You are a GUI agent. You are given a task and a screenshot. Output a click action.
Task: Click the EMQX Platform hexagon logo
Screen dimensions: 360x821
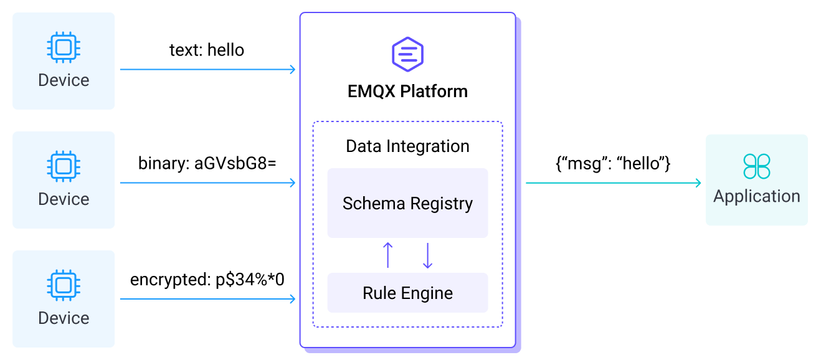coord(407,54)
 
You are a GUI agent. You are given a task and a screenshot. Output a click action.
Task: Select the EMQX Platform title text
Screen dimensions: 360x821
coord(407,92)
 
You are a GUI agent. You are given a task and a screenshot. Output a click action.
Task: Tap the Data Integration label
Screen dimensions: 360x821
coord(407,146)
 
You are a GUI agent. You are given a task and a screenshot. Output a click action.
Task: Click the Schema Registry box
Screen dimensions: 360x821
coord(407,204)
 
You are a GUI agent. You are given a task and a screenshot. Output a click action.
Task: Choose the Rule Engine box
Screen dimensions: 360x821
coord(407,293)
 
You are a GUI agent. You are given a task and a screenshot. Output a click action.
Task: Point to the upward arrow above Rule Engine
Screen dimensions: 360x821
coord(387,255)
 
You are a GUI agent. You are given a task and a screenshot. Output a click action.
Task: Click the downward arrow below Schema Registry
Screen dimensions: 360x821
coord(427,255)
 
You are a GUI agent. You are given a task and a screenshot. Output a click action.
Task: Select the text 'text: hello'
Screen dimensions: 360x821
coord(207,50)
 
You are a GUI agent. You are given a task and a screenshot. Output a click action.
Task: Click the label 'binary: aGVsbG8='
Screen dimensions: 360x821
coord(207,164)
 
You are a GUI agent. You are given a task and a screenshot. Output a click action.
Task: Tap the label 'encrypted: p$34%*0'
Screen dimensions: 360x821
coord(207,280)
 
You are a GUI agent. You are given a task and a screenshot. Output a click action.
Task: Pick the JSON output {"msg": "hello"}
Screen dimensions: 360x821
coord(613,164)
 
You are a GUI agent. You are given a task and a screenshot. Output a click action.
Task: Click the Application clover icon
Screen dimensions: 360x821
coord(756,166)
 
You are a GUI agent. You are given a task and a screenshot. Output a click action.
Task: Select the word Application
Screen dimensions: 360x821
coord(756,196)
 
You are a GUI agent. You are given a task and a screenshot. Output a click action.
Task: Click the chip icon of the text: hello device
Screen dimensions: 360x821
coord(63,47)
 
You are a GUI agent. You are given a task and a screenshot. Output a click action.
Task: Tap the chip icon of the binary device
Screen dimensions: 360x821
coord(63,166)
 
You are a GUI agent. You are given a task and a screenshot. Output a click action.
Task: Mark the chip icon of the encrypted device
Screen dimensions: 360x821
coord(63,285)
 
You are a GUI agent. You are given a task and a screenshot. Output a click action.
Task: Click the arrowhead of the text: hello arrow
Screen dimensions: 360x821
coord(292,69)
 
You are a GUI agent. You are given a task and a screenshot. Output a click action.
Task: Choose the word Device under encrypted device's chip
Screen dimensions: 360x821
coord(64,318)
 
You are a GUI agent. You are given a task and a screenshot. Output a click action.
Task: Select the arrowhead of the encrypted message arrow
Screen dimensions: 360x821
coord(292,299)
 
